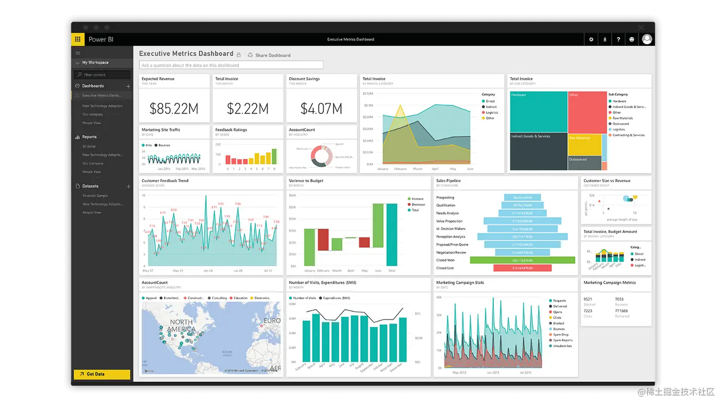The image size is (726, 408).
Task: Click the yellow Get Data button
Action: [102, 374]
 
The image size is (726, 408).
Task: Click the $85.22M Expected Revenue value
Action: [174, 109]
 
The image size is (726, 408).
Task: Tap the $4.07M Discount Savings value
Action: [321, 109]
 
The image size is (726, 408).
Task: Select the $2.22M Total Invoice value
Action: [248, 109]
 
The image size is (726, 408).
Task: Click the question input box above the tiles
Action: [231, 65]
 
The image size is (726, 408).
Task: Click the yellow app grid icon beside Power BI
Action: [78, 39]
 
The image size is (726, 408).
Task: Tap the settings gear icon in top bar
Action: [591, 39]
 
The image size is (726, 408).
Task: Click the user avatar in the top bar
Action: [647, 39]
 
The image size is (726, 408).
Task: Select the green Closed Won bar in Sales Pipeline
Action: [522, 260]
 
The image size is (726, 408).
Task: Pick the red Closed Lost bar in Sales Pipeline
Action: [522, 268]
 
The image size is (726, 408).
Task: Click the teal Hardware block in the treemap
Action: [538, 112]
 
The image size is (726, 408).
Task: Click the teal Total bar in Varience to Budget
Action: [392, 235]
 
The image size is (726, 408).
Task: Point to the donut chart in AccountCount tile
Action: [321, 156]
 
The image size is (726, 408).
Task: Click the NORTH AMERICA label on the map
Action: [181, 326]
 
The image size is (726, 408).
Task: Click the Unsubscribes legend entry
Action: [562, 346]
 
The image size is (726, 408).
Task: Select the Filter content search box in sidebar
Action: [102, 75]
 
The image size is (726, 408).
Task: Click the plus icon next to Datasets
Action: [128, 187]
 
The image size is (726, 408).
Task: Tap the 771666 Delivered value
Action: [621, 311]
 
